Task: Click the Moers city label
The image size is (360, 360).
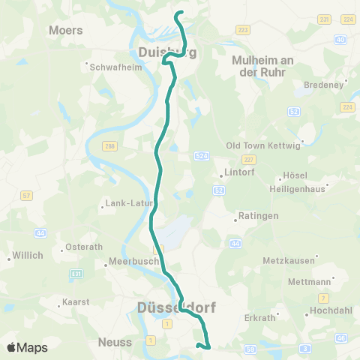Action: [x=65, y=31]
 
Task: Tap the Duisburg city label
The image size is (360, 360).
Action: [x=167, y=52]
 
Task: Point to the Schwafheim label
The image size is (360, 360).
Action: [x=112, y=66]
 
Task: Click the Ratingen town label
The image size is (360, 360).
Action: [x=258, y=216]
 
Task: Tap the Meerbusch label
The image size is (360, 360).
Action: [x=133, y=262]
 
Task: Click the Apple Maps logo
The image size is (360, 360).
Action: [x=27, y=347]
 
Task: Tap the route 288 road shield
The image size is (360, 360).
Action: [x=111, y=146]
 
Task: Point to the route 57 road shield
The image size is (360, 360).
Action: [x=26, y=196]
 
